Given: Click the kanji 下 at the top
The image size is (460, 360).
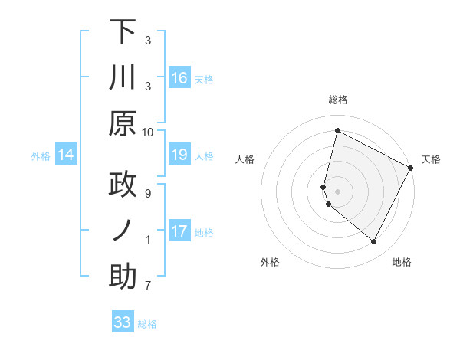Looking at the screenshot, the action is tap(122, 33).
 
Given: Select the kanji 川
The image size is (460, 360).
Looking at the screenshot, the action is tap(122, 79).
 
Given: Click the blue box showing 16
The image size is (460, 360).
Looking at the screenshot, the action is tap(179, 78).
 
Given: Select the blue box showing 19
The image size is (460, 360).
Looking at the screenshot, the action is tap(179, 155).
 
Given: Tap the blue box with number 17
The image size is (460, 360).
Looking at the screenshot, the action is tap(179, 231).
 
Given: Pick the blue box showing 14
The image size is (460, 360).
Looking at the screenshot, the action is tap(66, 155).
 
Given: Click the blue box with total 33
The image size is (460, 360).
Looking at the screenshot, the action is tap(123, 322).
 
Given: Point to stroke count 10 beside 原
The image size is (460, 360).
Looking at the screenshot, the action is tap(148, 132).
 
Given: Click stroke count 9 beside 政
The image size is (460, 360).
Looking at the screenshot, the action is tap(148, 193).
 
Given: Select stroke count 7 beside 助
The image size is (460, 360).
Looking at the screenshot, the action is tap(148, 286).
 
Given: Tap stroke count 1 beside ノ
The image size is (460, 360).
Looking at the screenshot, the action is tap(148, 239).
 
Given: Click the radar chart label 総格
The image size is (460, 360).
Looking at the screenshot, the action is tap(337, 100).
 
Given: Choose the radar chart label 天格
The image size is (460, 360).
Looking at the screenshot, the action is tap(432, 159).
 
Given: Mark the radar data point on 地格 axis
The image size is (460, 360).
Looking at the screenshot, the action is tap(374, 242).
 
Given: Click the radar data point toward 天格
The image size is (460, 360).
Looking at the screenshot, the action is tap(411, 168).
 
